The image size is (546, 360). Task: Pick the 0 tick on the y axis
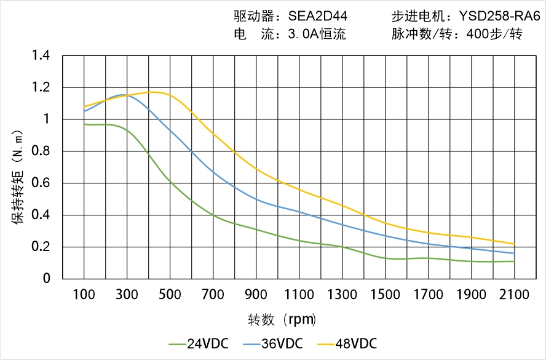(x=47, y=279)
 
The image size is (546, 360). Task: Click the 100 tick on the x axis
(x=84, y=295)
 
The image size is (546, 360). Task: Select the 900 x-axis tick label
(x=256, y=295)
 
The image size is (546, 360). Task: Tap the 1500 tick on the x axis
(x=385, y=295)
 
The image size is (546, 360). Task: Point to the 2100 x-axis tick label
(x=514, y=295)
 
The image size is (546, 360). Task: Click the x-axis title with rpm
(x=282, y=320)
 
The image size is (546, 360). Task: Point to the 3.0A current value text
(x=303, y=34)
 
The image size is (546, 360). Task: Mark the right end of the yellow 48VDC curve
(x=514, y=244)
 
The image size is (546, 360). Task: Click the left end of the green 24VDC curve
(x=84, y=124)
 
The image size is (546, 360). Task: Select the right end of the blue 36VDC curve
(x=514, y=254)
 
